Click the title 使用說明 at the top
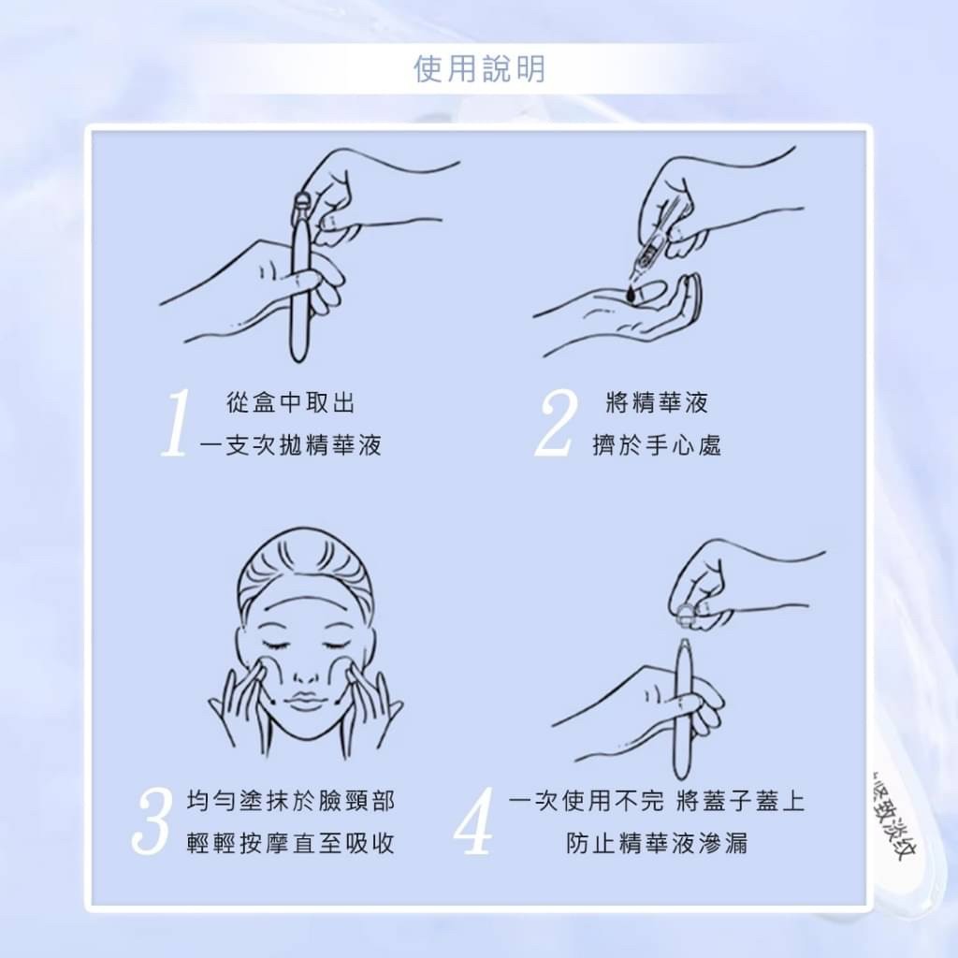(479, 69)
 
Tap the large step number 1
(177, 424)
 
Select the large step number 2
(558, 424)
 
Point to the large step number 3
(152, 821)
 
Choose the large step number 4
(474, 821)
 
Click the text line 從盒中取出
(291, 403)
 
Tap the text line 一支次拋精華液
(291, 445)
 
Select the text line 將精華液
(657, 403)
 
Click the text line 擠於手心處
(657, 445)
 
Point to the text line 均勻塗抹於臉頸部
(291, 801)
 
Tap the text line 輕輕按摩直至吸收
(291, 843)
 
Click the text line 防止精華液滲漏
(657, 843)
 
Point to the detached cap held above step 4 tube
(687, 613)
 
